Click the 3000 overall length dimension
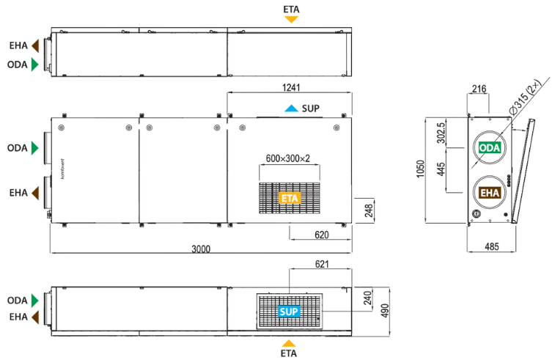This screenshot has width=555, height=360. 201,249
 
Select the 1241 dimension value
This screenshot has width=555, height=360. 291,87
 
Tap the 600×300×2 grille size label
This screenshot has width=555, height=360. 288,158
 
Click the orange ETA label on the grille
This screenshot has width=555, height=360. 290,198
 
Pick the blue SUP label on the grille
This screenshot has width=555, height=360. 289,312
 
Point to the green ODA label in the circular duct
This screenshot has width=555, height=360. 490,147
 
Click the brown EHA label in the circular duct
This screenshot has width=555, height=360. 490,193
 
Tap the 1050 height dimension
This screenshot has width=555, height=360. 420,169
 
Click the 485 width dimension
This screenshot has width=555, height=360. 492,246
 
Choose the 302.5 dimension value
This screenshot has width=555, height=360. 441,133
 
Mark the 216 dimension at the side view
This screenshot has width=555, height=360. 479,89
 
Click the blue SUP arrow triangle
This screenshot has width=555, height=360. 291,109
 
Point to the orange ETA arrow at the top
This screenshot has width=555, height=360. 291,20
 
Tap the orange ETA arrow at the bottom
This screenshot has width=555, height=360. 289,343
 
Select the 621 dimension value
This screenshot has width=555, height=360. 322,264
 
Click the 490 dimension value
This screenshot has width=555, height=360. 385,310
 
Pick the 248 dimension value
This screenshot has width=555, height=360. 369,210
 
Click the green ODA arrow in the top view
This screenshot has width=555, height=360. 34,65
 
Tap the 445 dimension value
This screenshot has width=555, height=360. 441,169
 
